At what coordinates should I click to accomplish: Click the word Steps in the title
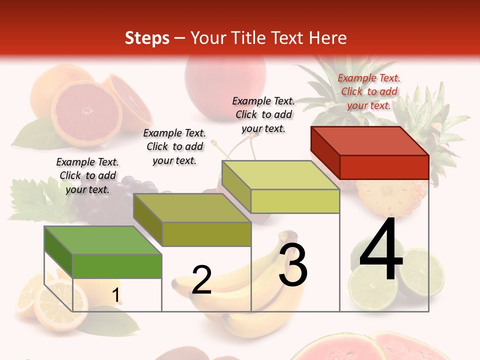pos(147,38)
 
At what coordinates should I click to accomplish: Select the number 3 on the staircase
pos(293,265)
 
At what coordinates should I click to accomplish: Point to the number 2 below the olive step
pos(201,280)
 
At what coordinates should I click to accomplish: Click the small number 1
pos(115,295)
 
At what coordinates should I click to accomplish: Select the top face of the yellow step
pos(280,175)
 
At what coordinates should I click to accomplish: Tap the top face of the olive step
pos(192,208)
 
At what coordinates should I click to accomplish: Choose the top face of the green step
pos(103,240)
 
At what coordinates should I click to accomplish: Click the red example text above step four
pos(369,91)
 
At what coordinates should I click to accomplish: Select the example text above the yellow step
pos(263,114)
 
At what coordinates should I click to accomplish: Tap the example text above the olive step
pos(174,146)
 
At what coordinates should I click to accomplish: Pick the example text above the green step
pos(87,175)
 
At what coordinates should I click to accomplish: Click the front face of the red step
pos(384,167)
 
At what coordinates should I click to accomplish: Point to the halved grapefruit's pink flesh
pos(86,111)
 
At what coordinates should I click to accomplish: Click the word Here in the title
pos(327,38)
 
